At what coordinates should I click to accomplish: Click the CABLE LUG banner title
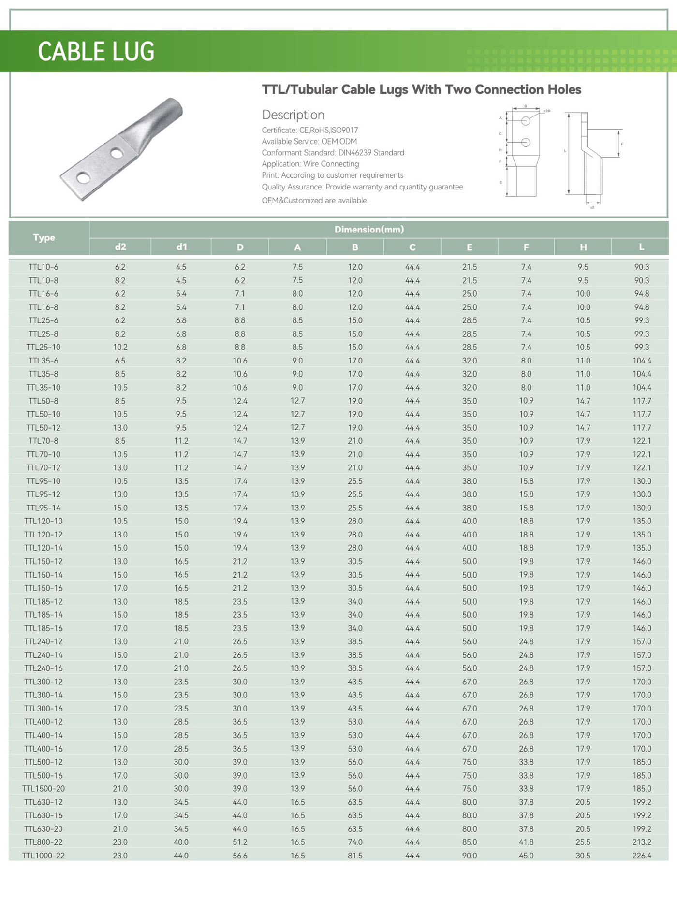(x=96, y=52)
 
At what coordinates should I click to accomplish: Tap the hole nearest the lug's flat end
(x=83, y=178)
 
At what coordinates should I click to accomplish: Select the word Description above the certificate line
(x=293, y=115)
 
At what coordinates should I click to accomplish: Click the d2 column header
(x=120, y=247)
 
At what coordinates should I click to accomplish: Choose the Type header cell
(x=44, y=238)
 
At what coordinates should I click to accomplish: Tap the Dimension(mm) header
(x=369, y=230)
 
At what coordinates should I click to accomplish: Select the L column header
(x=641, y=247)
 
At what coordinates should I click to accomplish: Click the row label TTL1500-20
(x=44, y=788)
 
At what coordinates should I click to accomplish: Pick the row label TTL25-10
(x=44, y=347)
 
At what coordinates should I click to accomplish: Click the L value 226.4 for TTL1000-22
(x=642, y=856)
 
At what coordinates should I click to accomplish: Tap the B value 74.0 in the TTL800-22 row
(x=355, y=842)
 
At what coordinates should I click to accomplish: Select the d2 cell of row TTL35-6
(x=120, y=361)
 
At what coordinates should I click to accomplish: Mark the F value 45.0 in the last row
(x=526, y=856)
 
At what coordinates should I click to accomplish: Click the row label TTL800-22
(x=44, y=842)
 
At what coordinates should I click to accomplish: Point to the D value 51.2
(x=240, y=842)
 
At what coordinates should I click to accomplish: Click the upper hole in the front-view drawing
(x=526, y=121)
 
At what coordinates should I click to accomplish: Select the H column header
(x=583, y=247)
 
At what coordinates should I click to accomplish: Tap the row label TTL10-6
(x=44, y=267)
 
